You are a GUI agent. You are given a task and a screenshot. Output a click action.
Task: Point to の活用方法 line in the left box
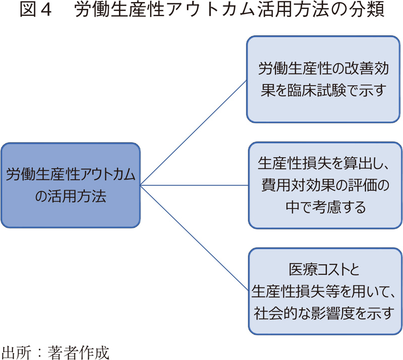[71, 196]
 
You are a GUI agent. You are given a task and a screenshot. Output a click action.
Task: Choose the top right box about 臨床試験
[322, 79]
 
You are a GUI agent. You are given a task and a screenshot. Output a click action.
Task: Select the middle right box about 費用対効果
[325, 185]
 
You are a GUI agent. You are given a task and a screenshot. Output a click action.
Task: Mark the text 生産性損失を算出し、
[325, 164]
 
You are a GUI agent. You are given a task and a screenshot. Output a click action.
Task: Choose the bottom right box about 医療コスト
[325, 291]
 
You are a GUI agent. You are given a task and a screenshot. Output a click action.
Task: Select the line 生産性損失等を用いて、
[325, 291]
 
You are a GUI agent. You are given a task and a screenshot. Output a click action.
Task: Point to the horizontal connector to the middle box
[194, 186]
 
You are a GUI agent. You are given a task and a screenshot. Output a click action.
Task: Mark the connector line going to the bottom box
[194, 237]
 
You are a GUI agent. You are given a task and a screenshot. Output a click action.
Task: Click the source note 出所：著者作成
[55, 351]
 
